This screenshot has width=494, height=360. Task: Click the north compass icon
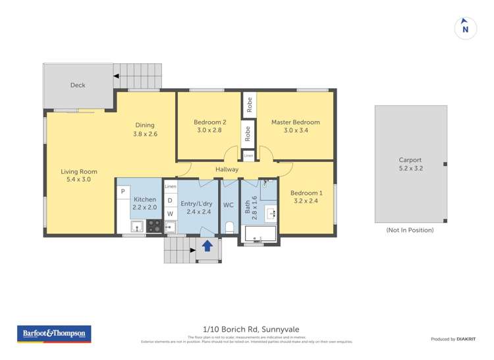click(x=466, y=28)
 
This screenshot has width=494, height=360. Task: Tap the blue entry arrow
click(x=207, y=245)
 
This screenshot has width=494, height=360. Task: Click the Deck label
click(x=78, y=85)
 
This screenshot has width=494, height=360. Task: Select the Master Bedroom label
click(x=295, y=122)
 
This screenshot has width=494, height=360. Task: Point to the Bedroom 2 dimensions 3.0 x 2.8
click(x=209, y=130)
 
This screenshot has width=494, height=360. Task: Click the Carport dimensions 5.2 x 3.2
click(x=410, y=168)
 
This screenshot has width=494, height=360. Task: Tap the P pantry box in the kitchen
click(x=123, y=192)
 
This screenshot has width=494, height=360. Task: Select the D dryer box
click(x=170, y=200)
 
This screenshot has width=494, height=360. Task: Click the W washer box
click(x=170, y=214)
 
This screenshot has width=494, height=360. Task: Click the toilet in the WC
click(x=229, y=228)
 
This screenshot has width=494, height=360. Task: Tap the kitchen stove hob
click(x=153, y=226)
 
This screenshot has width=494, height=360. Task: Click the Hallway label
click(x=227, y=169)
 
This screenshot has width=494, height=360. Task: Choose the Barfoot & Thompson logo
click(x=54, y=334)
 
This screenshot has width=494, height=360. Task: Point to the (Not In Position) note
click(x=410, y=230)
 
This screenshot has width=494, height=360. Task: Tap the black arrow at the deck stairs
click(x=117, y=77)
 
